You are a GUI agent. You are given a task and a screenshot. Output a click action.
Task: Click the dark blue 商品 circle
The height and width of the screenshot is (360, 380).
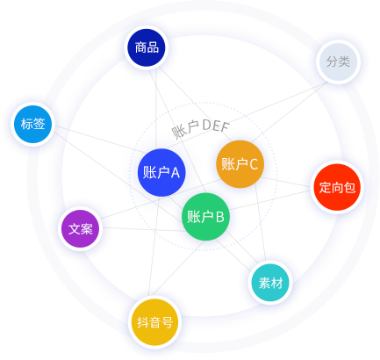[x=147, y=47]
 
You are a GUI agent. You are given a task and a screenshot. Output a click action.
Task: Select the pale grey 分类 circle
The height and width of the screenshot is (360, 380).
[x=338, y=61]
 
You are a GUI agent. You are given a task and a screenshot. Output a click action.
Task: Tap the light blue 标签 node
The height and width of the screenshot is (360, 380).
[x=33, y=124]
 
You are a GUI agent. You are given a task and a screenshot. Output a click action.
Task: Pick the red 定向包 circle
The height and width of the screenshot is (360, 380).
[x=337, y=187]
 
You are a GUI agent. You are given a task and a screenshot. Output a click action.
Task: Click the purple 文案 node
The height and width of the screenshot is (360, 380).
[x=81, y=228]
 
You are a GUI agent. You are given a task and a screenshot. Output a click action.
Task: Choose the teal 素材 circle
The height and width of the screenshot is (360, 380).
[x=270, y=283]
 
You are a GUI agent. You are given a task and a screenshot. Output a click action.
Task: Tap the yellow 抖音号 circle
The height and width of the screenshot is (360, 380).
[x=154, y=322]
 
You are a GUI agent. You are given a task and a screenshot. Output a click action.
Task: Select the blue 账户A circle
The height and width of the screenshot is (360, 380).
[x=161, y=172]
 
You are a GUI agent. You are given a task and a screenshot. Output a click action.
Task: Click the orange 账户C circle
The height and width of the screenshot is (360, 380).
[x=240, y=164]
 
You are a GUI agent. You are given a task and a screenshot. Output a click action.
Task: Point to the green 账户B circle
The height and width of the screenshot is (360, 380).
[x=205, y=217]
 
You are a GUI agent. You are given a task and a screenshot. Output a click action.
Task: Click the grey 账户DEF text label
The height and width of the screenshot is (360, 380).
[x=200, y=127]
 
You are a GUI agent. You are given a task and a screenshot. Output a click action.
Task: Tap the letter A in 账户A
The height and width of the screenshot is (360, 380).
[x=175, y=173]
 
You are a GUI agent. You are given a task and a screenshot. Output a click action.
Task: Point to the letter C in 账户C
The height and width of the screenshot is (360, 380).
[x=254, y=164]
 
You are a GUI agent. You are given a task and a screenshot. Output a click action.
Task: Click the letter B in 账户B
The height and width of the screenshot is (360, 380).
[x=219, y=217]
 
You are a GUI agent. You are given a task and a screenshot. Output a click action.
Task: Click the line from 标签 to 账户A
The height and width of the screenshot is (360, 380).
[x=99, y=140]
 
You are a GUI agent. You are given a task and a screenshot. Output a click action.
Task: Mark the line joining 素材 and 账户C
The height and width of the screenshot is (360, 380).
[x=261, y=222]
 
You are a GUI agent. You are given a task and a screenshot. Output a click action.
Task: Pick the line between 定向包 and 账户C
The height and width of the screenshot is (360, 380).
[x=285, y=182]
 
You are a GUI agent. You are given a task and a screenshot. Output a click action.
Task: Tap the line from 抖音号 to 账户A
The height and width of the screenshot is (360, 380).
[x=154, y=246]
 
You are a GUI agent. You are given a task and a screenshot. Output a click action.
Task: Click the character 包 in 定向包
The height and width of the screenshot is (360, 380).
[x=349, y=187]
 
